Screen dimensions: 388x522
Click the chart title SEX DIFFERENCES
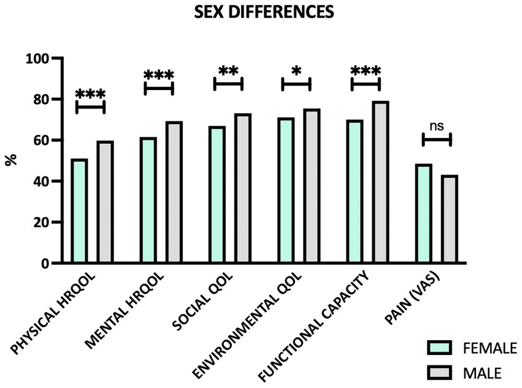(x=264, y=12)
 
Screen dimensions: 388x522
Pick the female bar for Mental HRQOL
(x=148, y=200)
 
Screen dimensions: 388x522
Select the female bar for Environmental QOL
(x=286, y=191)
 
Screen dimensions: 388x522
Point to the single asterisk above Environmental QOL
(x=296, y=72)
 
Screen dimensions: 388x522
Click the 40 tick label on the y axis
(x=41, y=181)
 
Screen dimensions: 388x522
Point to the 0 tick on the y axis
(x=45, y=264)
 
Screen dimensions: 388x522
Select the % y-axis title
(x=11, y=161)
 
